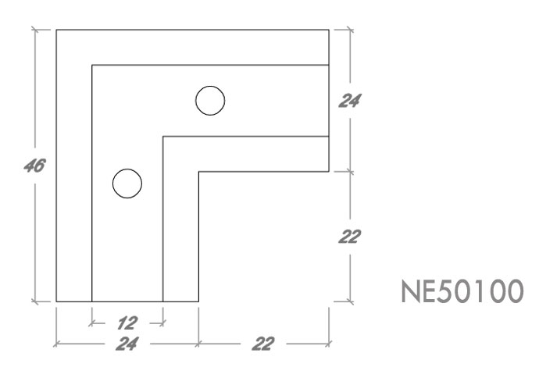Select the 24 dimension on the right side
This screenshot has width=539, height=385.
351,100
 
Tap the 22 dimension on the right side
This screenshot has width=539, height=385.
350,237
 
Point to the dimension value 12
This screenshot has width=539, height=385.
127,320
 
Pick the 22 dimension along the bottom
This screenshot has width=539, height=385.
263,343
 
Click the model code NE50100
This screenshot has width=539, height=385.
461,294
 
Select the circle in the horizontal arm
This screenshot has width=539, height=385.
210,100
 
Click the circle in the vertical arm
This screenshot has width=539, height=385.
127,184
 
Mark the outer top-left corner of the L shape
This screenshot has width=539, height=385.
56,30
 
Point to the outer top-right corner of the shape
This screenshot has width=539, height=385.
329,30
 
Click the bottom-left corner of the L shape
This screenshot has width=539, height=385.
56,301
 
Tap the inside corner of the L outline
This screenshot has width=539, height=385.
198,171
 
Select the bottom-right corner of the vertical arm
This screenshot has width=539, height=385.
198,301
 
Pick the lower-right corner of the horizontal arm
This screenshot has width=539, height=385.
329,171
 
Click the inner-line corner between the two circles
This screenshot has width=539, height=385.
162,137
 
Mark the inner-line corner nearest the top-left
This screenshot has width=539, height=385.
92,66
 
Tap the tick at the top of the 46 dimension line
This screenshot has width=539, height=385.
35,30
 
